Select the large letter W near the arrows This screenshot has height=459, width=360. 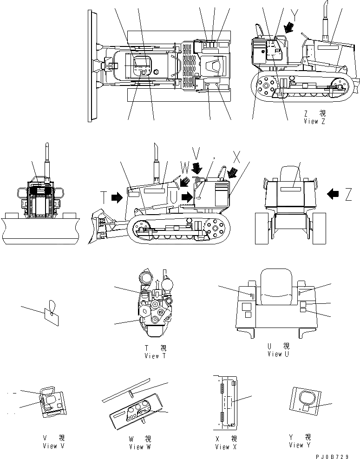pos(185,167)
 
